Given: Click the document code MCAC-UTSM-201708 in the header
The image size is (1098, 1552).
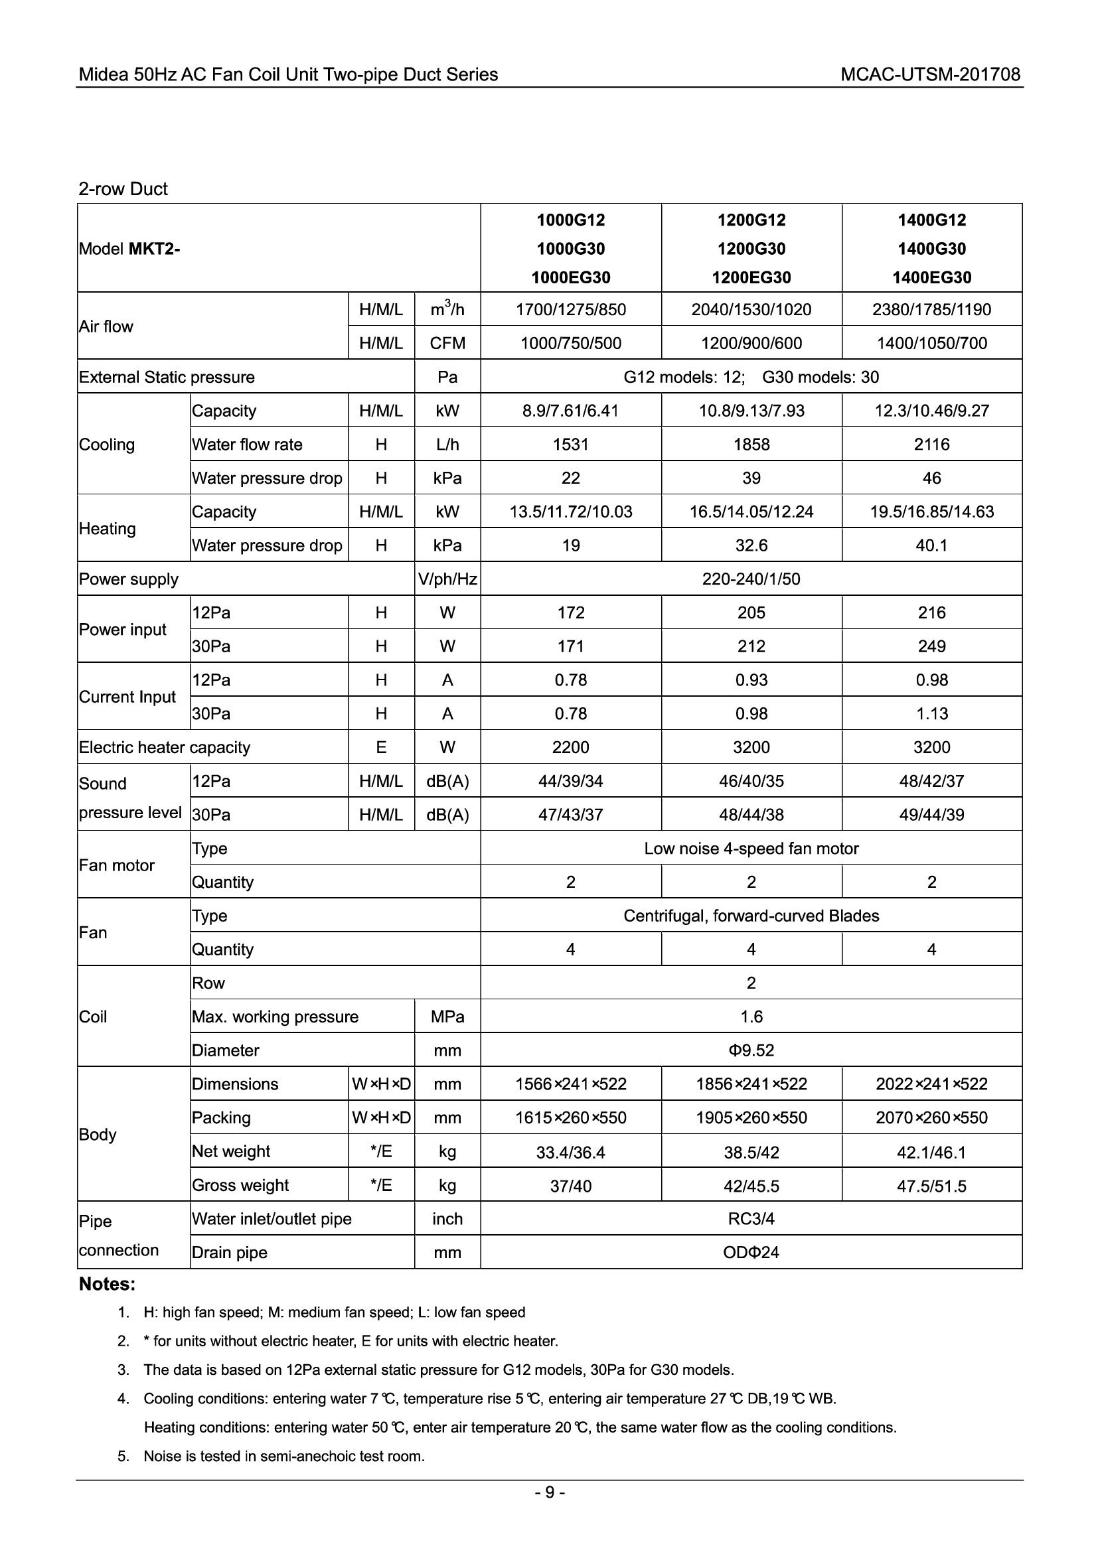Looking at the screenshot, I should (x=929, y=74).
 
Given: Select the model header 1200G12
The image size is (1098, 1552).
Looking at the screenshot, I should (x=751, y=220).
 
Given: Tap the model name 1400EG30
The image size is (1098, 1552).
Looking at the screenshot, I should (x=931, y=277).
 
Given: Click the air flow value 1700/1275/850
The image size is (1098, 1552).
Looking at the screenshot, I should (x=571, y=310).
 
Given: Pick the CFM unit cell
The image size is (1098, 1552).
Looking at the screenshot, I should (x=447, y=344).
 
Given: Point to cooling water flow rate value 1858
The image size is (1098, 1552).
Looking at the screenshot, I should (x=751, y=444).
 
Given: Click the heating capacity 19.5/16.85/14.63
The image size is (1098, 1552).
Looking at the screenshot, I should (x=931, y=512).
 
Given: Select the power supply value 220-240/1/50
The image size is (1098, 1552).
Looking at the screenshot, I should (x=751, y=579).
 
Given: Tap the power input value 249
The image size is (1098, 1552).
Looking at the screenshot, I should (x=931, y=646).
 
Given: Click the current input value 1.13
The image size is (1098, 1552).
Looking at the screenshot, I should (x=931, y=714).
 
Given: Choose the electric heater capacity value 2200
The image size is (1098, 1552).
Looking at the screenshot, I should (x=571, y=748).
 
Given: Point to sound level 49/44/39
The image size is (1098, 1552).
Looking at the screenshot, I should (x=931, y=815).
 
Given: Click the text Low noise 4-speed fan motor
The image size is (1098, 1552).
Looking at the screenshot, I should (x=751, y=849).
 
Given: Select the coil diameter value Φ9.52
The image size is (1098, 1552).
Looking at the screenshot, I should (x=751, y=1050).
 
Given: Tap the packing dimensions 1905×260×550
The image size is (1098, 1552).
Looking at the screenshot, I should (x=751, y=1117).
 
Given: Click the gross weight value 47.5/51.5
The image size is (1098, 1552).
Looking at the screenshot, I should (x=931, y=1186).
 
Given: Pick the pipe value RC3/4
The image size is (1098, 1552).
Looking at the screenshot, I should (x=751, y=1219).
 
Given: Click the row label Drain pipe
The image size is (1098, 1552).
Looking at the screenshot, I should (x=229, y=1253).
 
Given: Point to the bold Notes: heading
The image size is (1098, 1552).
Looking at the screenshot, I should (x=107, y=1284).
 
